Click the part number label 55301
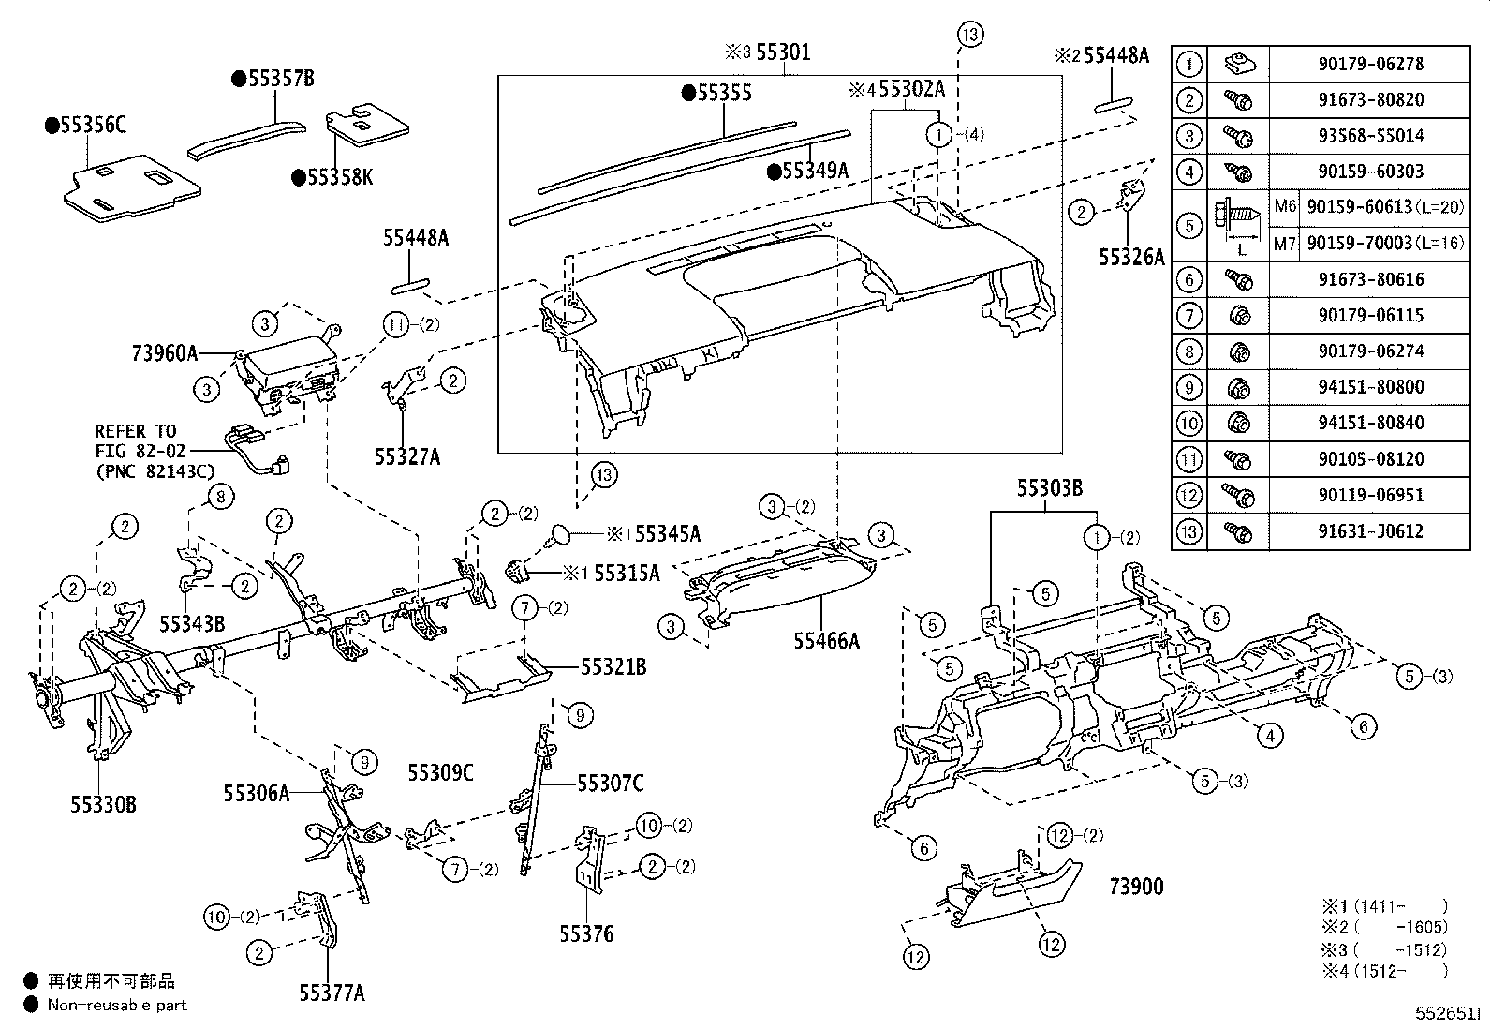coord(783,53)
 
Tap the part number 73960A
coord(165,353)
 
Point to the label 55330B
coord(103,804)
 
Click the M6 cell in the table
coord(1285,207)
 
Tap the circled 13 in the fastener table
coord(1188,531)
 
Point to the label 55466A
coord(826,641)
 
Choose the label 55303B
coord(1051,488)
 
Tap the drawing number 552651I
coord(1448,1014)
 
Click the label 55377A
coord(332,993)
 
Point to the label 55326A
coord(1131,258)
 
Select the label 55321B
coord(613,667)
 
